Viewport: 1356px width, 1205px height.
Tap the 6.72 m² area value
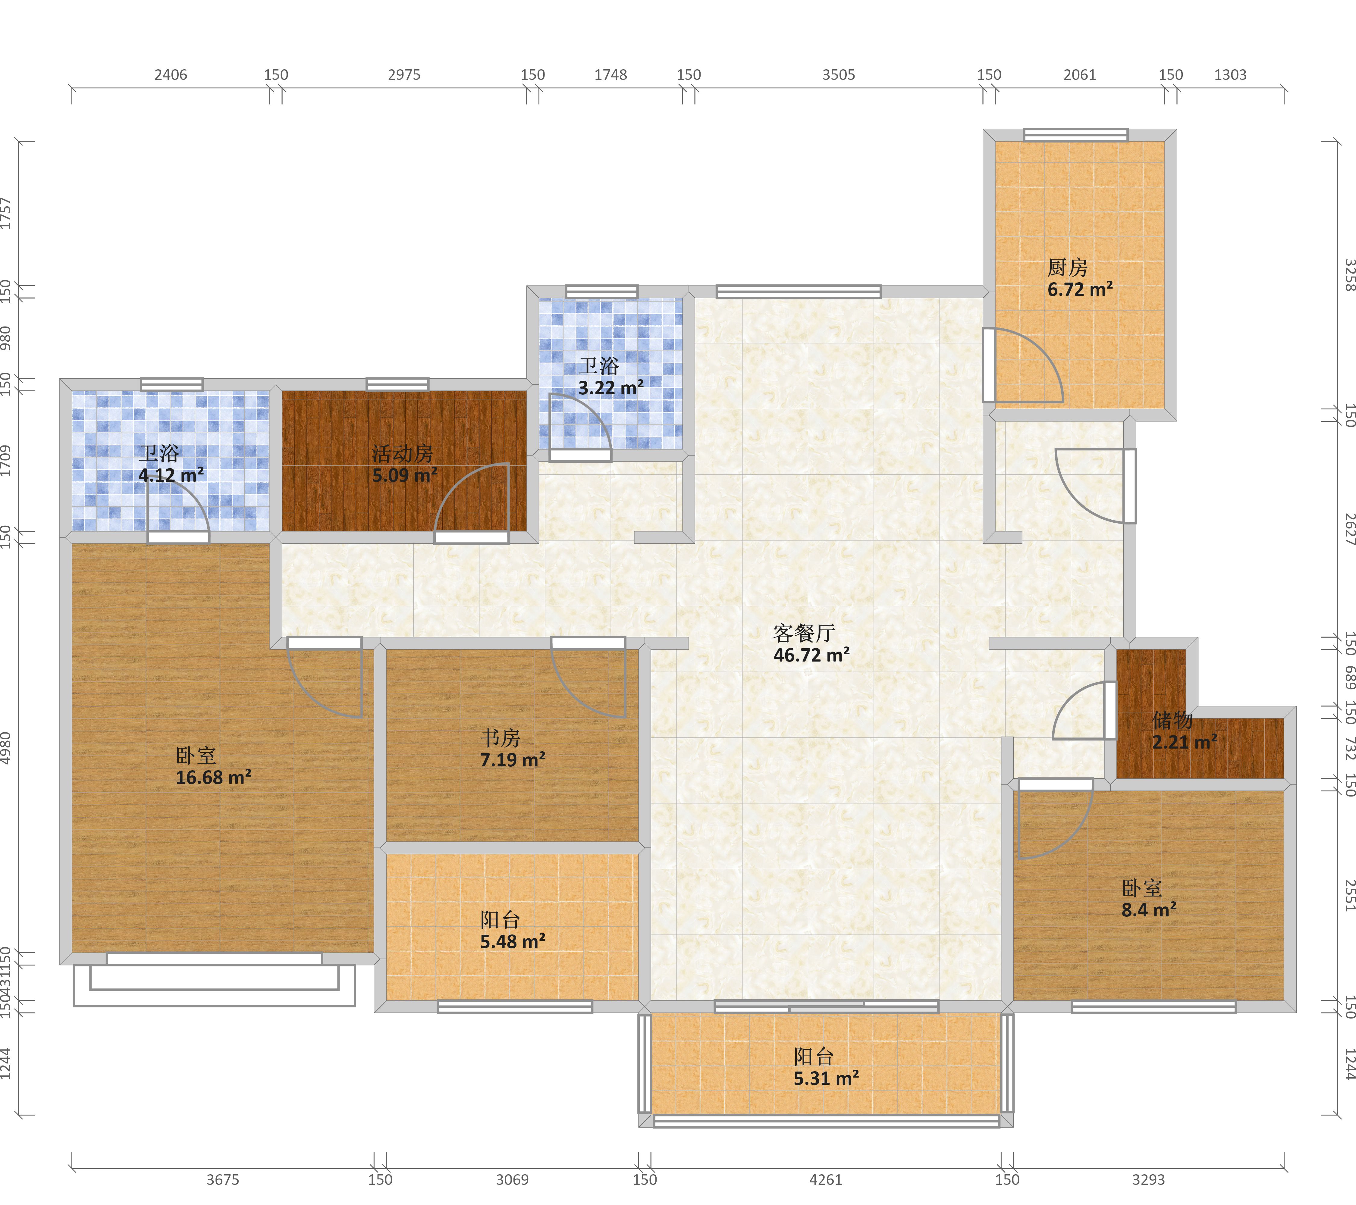point(1080,290)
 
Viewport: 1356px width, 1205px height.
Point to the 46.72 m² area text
point(811,655)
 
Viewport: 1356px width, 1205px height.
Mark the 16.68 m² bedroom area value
point(214,777)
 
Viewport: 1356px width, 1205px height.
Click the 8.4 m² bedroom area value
point(1149,910)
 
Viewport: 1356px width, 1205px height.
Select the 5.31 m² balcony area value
point(827,1078)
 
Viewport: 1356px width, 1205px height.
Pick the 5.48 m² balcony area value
point(513,942)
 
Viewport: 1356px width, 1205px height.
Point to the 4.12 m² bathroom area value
point(171,475)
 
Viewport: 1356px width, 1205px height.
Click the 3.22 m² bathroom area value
point(611,388)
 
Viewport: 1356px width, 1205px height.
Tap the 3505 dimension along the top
point(839,75)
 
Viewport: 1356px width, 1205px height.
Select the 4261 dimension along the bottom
point(825,1180)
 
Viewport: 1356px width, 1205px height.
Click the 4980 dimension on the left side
point(6,748)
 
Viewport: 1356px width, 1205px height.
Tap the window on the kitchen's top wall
point(1075,135)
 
